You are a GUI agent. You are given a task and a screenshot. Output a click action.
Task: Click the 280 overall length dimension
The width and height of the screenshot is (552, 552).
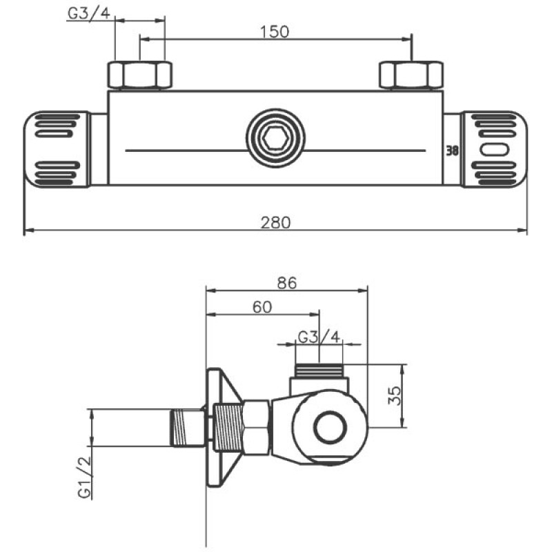click(x=276, y=223)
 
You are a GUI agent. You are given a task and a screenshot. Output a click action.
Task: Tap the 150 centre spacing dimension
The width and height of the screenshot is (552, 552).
click(x=275, y=31)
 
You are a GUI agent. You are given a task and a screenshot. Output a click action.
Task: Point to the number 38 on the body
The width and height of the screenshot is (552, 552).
click(x=453, y=150)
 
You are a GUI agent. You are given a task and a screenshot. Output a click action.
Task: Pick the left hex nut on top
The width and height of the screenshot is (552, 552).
click(x=139, y=75)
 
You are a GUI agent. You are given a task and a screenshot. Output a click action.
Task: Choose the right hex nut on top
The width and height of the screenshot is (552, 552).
click(x=411, y=75)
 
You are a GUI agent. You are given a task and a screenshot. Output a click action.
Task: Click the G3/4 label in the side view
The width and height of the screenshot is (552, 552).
click(x=318, y=337)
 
